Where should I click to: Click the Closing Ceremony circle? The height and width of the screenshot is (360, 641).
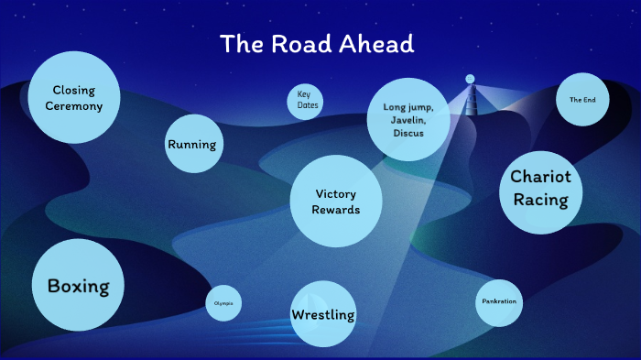(73, 98)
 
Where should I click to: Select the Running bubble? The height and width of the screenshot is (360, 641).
(191, 145)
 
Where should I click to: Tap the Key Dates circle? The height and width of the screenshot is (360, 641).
(304, 100)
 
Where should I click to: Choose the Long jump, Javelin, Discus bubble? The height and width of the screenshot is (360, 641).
(408, 120)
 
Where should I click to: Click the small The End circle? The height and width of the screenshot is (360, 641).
(582, 100)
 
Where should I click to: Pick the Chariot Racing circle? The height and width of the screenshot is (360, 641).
(540, 188)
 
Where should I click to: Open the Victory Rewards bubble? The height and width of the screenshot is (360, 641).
(335, 202)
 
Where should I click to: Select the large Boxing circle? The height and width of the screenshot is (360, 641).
(78, 286)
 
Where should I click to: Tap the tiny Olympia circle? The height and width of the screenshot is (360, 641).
(223, 303)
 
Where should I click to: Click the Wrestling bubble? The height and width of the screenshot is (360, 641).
(322, 315)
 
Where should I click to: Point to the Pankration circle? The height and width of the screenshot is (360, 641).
(498, 301)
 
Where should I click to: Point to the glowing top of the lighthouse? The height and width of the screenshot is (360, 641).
(470, 79)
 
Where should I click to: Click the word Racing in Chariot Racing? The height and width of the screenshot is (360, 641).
(540, 200)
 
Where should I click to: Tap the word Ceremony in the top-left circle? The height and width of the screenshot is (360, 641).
(74, 106)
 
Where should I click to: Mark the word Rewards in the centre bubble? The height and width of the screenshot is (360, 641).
(335, 210)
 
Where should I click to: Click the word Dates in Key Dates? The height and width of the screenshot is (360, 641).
(304, 105)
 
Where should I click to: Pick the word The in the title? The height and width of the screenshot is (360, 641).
(241, 44)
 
